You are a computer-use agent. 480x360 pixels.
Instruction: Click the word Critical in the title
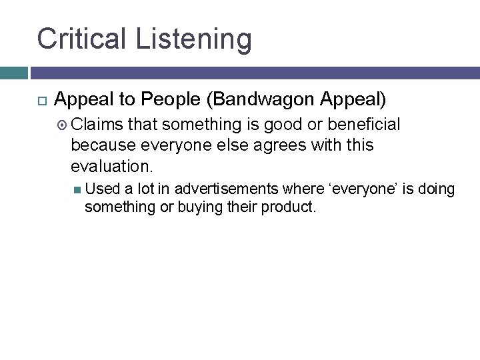click(x=83, y=39)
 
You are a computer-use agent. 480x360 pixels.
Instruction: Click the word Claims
click(x=97, y=125)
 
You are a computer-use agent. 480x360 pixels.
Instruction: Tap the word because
click(x=102, y=145)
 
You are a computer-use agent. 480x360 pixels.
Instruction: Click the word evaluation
click(x=109, y=165)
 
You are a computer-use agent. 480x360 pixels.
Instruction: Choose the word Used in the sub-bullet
click(x=100, y=190)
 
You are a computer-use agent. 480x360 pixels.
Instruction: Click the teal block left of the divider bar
click(x=13, y=72)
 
